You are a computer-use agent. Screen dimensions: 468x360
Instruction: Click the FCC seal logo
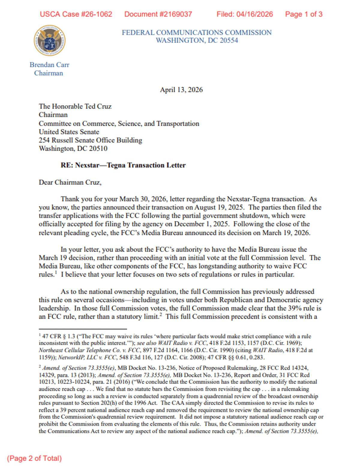[x=49, y=40]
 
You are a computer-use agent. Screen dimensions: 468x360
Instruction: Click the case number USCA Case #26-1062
[x=76, y=14]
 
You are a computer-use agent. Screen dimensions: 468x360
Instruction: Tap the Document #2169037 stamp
[x=158, y=14]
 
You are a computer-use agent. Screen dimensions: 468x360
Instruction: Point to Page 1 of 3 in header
[x=304, y=14]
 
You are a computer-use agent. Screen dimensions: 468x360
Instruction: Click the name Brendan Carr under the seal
[x=49, y=65]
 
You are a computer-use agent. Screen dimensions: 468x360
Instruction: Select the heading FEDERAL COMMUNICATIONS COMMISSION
[x=196, y=32]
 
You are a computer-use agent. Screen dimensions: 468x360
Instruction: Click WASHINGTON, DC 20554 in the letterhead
[x=196, y=40]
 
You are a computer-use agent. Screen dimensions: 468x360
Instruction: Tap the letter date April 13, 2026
[x=181, y=90]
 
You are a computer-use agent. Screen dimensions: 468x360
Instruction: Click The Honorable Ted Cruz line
[x=75, y=106]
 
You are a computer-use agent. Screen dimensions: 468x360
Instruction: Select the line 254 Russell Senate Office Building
[x=90, y=140]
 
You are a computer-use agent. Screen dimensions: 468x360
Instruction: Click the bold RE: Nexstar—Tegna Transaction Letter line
[x=123, y=165]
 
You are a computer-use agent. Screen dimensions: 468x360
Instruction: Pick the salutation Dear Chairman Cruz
[x=70, y=182]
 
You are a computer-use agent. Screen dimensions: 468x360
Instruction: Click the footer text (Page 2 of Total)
[x=34, y=458]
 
